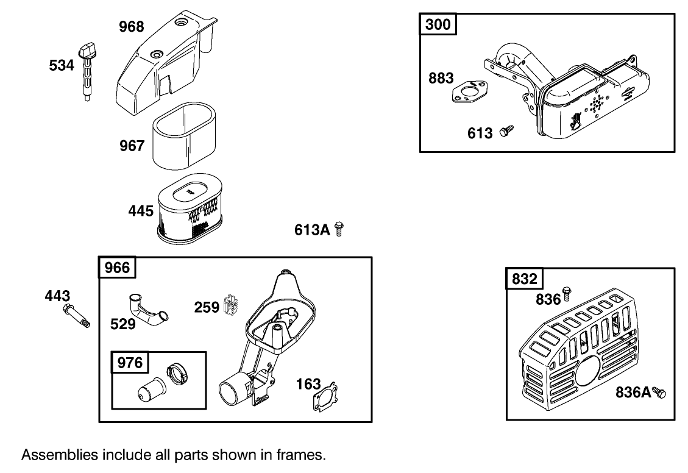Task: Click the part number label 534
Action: pyautogui.click(x=62, y=65)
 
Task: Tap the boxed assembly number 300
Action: pyautogui.click(x=438, y=24)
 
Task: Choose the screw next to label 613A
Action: pyautogui.click(x=339, y=230)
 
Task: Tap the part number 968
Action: pyautogui.click(x=131, y=26)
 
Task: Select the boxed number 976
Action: pyautogui.click(x=130, y=363)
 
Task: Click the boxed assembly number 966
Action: pyautogui.click(x=118, y=268)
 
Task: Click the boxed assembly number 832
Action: pyautogui.click(x=525, y=279)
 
